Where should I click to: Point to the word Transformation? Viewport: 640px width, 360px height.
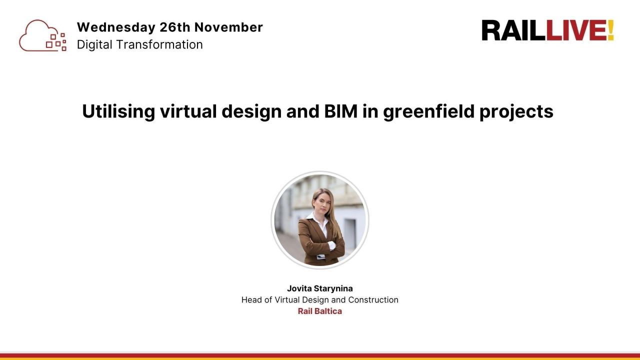coord(160,44)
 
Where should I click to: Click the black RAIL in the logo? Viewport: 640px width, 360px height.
coord(514,30)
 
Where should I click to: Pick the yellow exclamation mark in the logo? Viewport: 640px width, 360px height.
coord(610,30)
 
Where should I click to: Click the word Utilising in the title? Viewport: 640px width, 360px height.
coord(118,111)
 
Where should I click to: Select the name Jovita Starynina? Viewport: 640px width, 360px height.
coord(320,288)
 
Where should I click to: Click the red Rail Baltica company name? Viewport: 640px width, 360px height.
coord(320,311)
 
